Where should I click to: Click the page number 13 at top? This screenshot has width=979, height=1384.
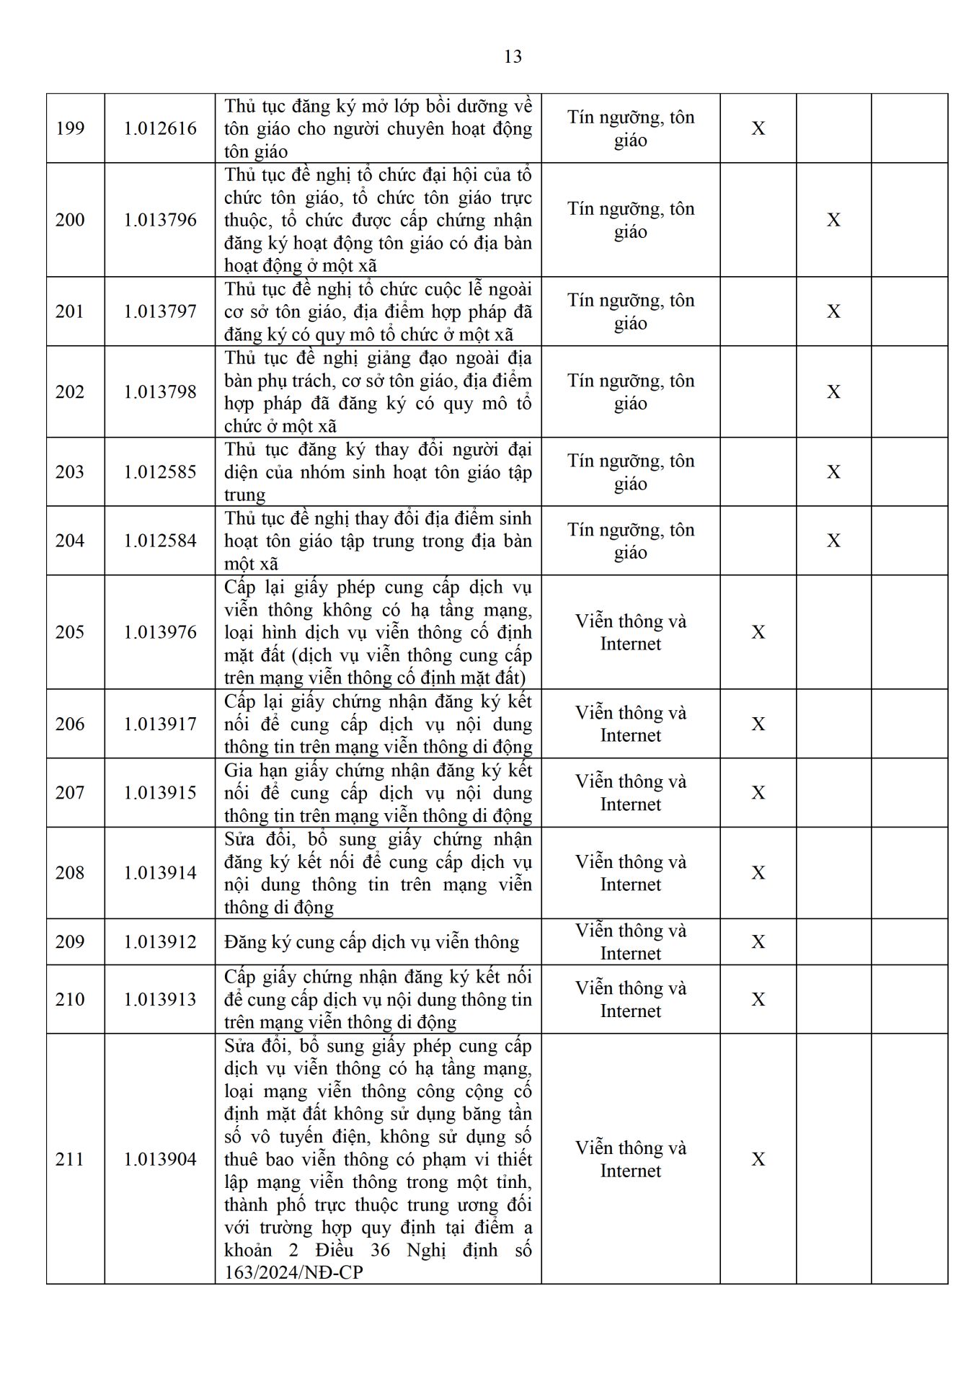click(x=513, y=57)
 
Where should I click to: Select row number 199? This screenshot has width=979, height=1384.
click(x=70, y=128)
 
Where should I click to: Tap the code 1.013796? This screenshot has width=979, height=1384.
click(x=160, y=220)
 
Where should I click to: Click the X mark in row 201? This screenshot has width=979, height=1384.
click(x=833, y=311)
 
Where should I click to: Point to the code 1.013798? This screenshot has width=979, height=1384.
click(x=160, y=391)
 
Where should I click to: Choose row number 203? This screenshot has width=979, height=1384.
click(x=70, y=471)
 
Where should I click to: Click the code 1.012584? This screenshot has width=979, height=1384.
click(x=160, y=541)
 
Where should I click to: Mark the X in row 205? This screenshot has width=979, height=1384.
click(x=758, y=632)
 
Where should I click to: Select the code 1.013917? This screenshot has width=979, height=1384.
click(x=160, y=724)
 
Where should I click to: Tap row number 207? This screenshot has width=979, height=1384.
click(x=70, y=792)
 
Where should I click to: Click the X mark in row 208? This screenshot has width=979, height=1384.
click(x=758, y=873)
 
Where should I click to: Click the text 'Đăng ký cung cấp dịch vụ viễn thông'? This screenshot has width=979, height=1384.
click(x=371, y=942)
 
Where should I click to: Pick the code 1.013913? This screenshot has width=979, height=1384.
click(x=160, y=999)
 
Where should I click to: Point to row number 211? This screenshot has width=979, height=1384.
click(x=70, y=1159)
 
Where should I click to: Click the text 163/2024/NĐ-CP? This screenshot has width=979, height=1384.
click(x=293, y=1272)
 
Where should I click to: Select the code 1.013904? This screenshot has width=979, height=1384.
click(x=160, y=1159)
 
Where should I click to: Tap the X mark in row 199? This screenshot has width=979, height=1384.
click(x=758, y=128)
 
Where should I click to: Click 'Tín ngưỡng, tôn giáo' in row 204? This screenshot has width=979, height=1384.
click(x=631, y=541)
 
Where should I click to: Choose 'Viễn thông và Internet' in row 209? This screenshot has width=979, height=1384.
click(x=631, y=942)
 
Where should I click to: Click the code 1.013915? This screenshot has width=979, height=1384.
click(x=160, y=792)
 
